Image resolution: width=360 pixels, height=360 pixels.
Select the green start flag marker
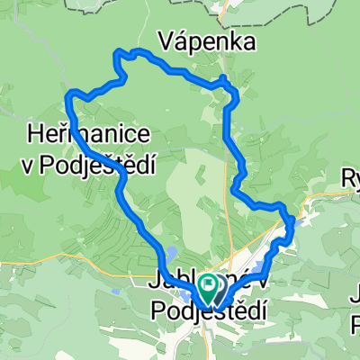pos(208,289)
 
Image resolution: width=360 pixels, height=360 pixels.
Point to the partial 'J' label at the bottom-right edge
pos(354,293)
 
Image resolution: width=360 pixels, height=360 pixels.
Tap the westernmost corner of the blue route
pos(69,94)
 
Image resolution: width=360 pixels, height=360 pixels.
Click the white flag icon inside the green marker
pos(208,286)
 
